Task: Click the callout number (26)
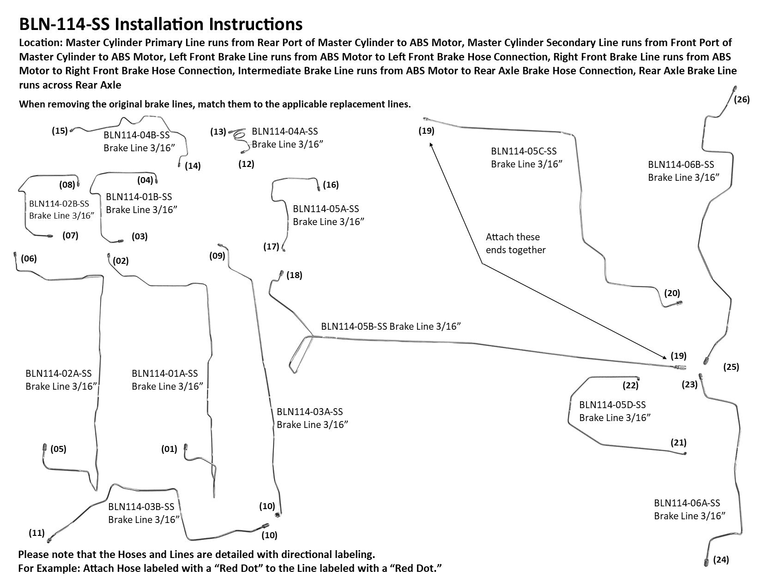742,100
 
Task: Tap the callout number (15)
60,131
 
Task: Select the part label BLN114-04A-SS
285,131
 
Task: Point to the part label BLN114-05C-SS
524,151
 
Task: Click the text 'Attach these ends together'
515,244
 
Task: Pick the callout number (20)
672,293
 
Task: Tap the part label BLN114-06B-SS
681,165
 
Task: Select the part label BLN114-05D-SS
612,405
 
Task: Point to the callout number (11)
36,533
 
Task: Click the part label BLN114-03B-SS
141,507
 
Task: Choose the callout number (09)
217,256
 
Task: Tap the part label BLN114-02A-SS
59,373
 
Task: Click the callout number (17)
271,247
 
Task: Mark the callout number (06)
29,259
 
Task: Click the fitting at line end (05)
45,447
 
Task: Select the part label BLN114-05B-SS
354,327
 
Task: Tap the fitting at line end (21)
684,454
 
